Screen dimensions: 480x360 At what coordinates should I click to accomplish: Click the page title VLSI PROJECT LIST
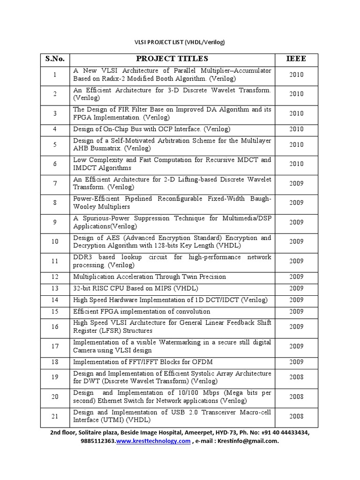(x=180, y=42)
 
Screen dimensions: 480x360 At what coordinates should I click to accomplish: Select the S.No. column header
(x=55, y=59)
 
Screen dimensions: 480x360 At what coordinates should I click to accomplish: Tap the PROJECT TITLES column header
(x=172, y=59)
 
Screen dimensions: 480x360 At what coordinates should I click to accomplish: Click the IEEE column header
(x=296, y=59)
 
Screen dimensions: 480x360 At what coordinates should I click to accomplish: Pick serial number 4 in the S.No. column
(x=55, y=129)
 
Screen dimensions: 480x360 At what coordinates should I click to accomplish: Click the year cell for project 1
(x=296, y=75)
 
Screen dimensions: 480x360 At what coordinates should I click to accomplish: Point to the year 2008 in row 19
(x=296, y=377)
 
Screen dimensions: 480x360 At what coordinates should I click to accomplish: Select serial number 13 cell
(x=55, y=288)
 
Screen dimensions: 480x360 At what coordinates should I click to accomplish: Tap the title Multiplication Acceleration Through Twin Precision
(x=150, y=277)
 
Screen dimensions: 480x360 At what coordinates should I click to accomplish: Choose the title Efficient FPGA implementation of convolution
(x=142, y=311)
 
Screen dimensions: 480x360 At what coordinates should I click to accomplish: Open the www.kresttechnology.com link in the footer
(x=153, y=441)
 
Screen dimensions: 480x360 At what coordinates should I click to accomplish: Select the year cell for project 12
(x=296, y=277)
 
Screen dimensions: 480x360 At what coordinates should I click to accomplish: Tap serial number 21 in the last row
(x=55, y=416)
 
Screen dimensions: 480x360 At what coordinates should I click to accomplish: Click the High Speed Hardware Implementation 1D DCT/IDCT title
(x=170, y=300)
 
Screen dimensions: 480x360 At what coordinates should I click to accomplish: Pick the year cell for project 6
(x=296, y=164)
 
